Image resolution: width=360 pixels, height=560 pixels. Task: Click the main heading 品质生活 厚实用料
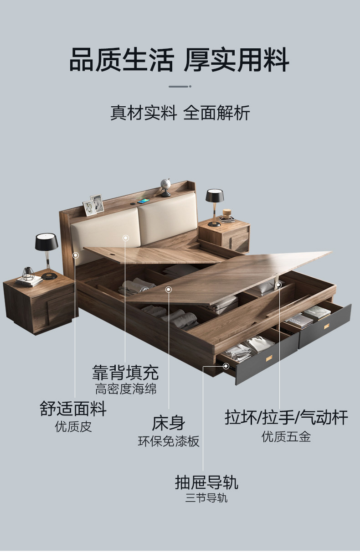point(179,60)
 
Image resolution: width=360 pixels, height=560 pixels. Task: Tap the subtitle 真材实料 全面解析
point(180,113)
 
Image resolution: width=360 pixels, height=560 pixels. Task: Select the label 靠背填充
point(125,372)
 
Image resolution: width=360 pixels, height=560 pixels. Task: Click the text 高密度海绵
point(126,389)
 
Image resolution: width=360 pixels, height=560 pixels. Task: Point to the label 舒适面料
point(73,409)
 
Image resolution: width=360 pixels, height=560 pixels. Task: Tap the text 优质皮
point(73,426)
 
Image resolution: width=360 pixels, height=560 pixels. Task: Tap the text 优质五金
point(286,436)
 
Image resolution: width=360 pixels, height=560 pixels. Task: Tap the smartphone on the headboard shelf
point(144,201)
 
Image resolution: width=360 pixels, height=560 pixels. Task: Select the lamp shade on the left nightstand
point(46,242)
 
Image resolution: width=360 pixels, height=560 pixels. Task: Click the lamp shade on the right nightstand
point(215,196)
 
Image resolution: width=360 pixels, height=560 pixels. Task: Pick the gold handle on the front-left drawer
point(269,359)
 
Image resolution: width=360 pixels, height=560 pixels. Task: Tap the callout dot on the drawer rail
point(226,366)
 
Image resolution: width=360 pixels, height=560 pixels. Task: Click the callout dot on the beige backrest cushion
point(126,238)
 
